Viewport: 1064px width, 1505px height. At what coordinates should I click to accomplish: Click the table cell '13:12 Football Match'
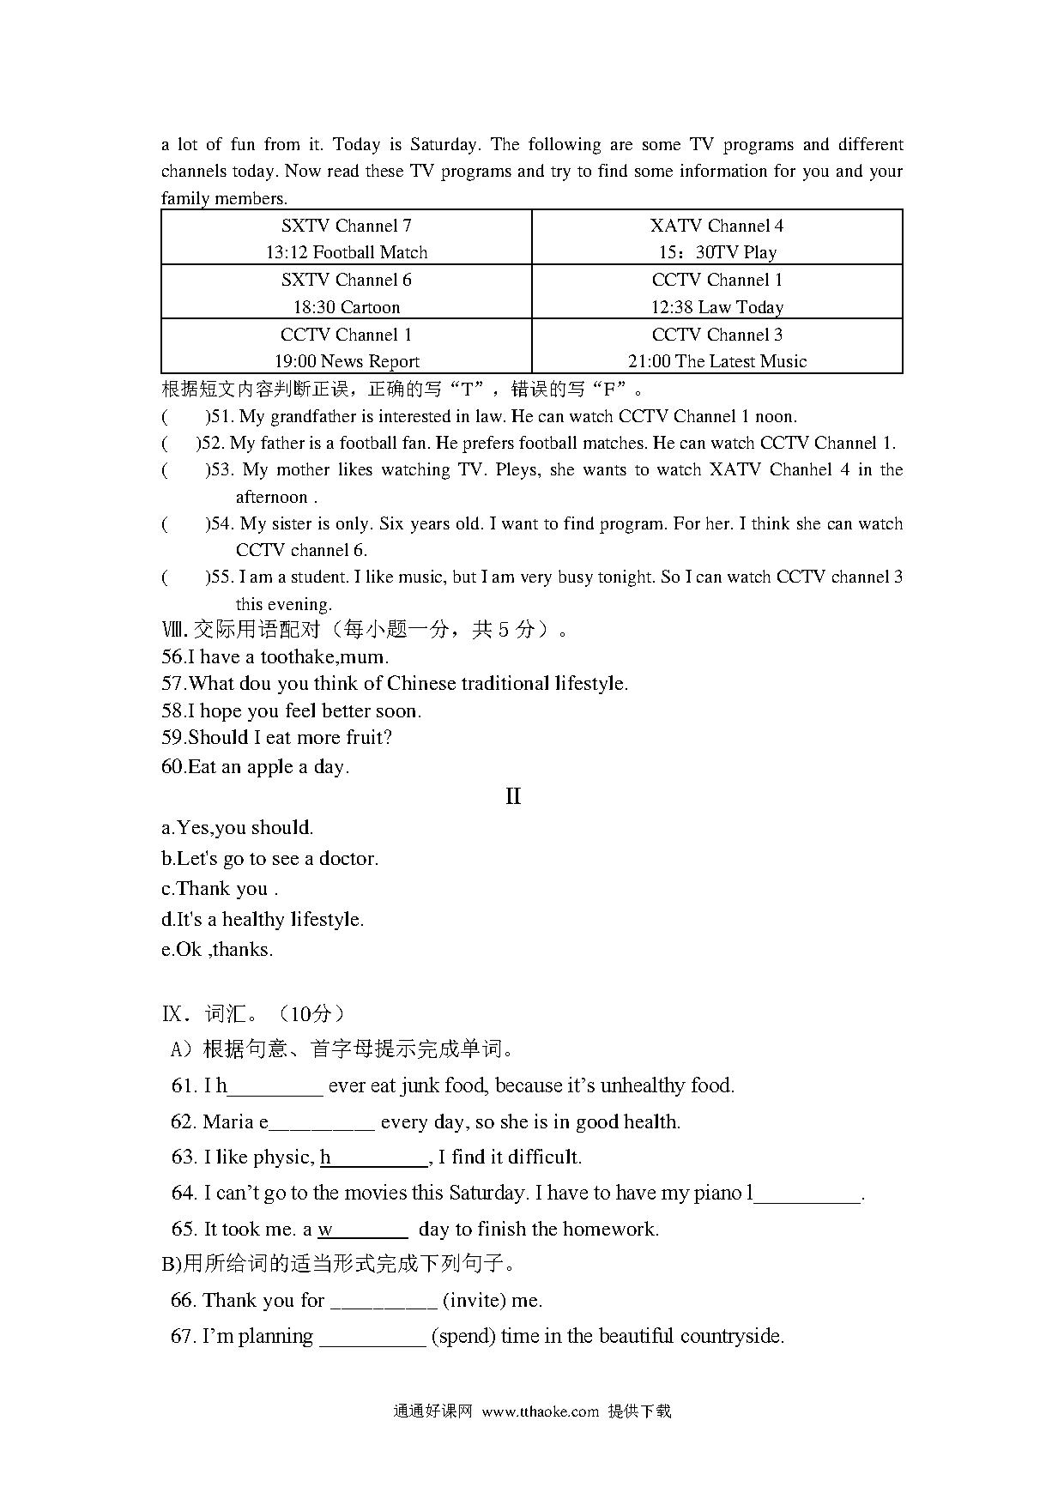click(346, 252)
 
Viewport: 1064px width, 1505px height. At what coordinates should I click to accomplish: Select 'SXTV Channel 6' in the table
click(346, 280)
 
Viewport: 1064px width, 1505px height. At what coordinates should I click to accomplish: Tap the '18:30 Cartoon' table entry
click(346, 307)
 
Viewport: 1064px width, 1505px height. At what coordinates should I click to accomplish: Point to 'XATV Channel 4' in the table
click(716, 226)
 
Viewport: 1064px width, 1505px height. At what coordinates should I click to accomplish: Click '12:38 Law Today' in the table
click(716, 307)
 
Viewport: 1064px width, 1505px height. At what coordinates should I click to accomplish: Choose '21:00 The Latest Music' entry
click(716, 361)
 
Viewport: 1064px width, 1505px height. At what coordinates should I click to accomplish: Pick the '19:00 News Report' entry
click(346, 361)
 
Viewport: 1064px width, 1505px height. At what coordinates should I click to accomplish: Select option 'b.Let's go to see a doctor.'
click(269, 859)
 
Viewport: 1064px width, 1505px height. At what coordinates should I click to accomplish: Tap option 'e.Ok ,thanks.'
click(217, 950)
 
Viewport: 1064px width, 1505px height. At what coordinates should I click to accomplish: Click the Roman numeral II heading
click(513, 796)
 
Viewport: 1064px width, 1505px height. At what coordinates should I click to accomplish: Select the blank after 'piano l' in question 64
click(807, 1194)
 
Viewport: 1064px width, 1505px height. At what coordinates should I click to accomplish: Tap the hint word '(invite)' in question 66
click(474, 1301)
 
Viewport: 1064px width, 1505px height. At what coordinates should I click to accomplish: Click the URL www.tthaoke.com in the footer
click(540, 1411)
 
